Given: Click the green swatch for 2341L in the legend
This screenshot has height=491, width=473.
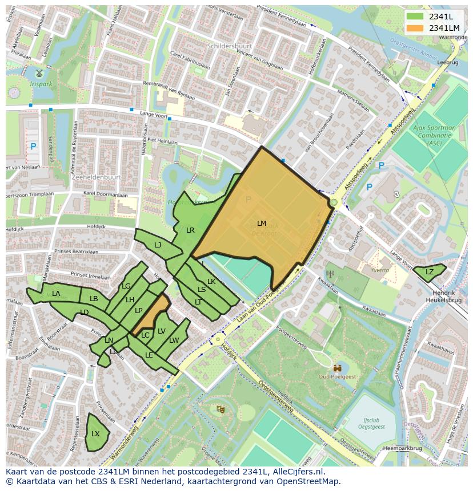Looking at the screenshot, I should [x=415, y=16].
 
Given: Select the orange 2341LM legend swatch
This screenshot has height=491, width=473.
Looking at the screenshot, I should [x=415, y=28].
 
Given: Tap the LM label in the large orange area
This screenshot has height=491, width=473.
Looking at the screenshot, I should [x=262, y=223].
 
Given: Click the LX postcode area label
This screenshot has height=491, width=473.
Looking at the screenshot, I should [x=95, y=434].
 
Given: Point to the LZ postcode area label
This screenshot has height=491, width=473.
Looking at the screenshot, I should [x=430, y=272].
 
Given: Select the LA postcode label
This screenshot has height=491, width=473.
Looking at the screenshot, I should [x=56, y=294].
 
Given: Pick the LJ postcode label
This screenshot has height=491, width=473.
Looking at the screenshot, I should [x=158, y=245].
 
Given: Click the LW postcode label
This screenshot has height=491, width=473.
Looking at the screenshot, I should [x=174, y=340].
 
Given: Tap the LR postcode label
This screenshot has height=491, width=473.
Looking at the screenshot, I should [x=190, y=230].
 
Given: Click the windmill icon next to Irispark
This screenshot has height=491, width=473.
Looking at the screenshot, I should [x=39, y=74].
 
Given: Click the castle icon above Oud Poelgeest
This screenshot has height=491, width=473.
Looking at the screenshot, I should [x=338, y=368].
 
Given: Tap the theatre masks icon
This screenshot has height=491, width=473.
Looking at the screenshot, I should [x=221, y=408].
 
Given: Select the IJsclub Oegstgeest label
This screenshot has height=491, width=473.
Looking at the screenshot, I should [x=374, y=423].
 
